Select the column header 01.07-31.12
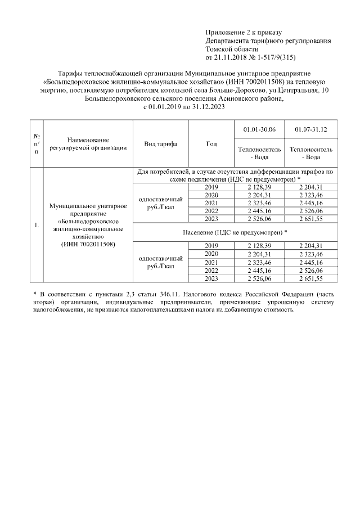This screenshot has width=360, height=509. (310, 130)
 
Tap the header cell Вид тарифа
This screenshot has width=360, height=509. (161, 144)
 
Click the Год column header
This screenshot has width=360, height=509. (211, 144)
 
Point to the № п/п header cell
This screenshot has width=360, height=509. (37, 144)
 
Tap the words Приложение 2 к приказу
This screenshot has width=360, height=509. (243, 32)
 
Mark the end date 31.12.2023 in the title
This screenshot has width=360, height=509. (197, 106)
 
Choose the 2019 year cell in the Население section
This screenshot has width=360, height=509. (211, 246)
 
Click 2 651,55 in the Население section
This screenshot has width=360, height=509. (310, 278)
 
